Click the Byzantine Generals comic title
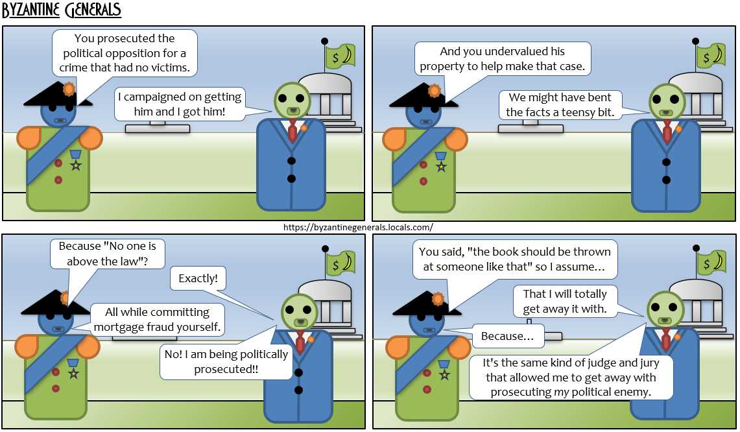pos(62,10)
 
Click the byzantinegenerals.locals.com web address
pos(358,227)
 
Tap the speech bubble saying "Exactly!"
pos(198,278)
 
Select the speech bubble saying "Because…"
pos(508,336)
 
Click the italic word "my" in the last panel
pos(561,392)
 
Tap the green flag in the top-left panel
pos(340,56)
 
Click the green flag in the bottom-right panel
pos(711,263)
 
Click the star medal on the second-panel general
pos(441,166)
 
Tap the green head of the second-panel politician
pos(667,101)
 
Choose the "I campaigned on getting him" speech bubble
pos(180,104)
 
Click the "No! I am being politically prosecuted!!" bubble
pos(226,362)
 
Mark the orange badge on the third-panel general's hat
pos(64,298)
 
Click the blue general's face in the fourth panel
pos(425,323)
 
